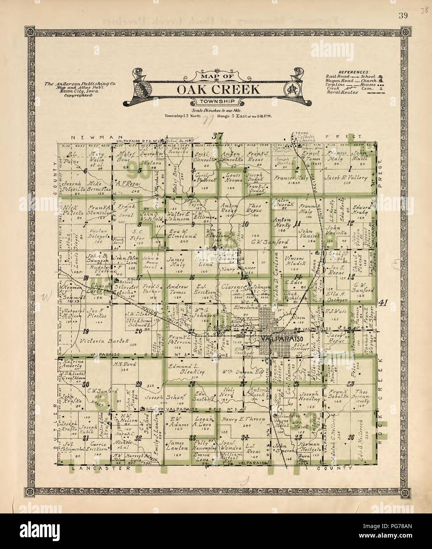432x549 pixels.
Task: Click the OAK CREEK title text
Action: point(218,89)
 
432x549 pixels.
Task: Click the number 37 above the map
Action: point(217,136)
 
